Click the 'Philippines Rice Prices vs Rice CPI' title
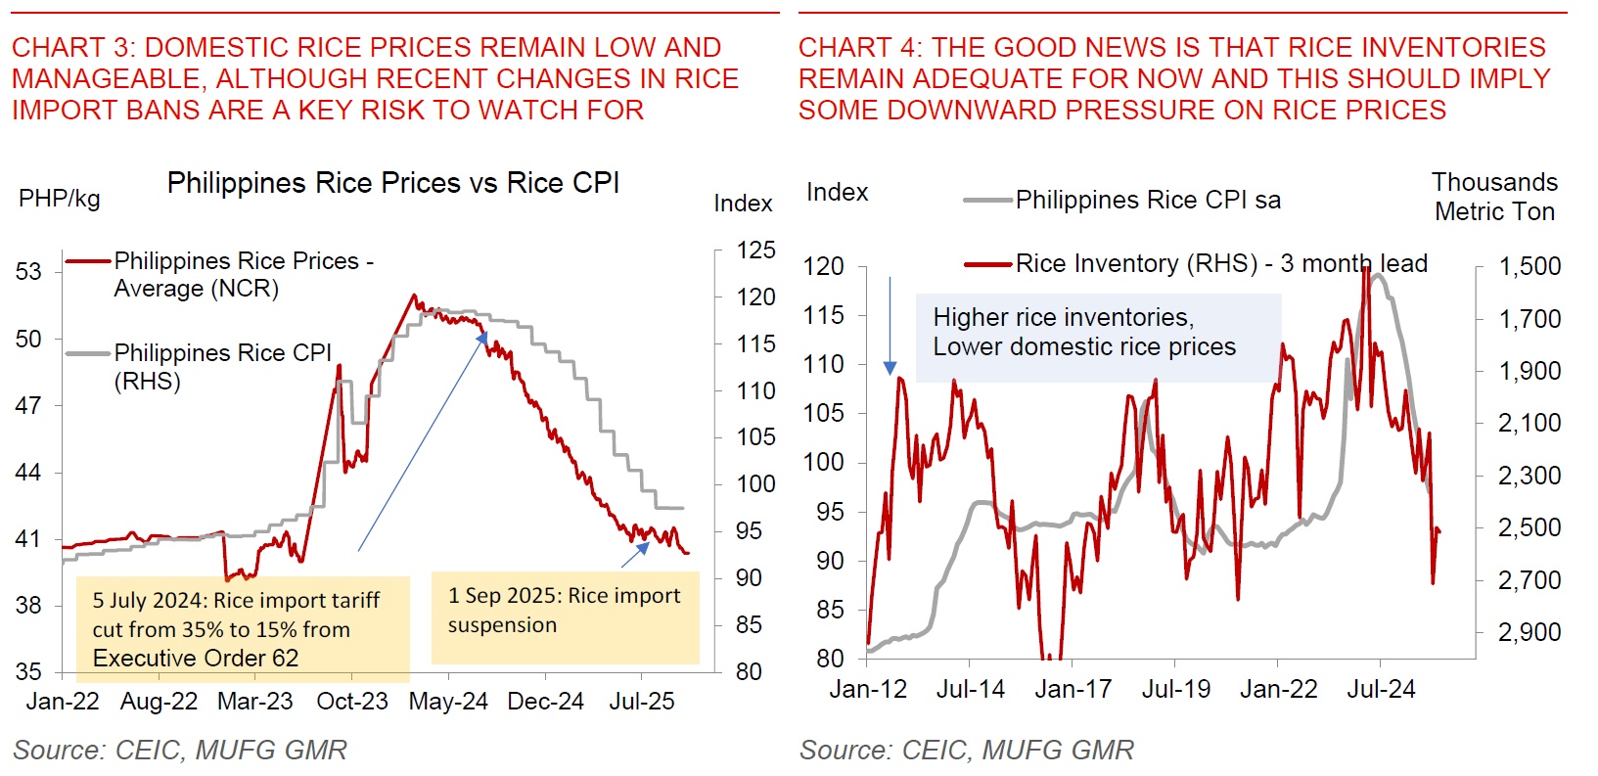pyautogui.click(x=392, y=183)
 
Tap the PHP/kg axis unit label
pyautogui.click(x=59, y=199)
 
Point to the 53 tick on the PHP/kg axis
pyautogui.click(x=28, y=271)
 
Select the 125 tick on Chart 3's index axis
pyautogui.click(x=755, y=251)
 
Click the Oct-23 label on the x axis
pyautogui.click(x=352, y=702)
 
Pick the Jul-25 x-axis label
pyautogui.click(x=642, y=702)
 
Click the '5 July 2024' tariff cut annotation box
pyautogui.click(x=243, y=629)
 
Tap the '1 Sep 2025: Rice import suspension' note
pyautogui.click(x=565, y=611)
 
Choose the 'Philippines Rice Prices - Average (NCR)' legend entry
pyautogui.click(x=243, y=275)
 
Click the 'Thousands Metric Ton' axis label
pyautogui.click(x=1494, y=197)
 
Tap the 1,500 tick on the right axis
pyautogui.click(x=1530, y=266)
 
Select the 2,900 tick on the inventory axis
pyautogui.click(x=1530, y=632)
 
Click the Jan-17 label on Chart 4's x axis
pyautogui.click(x=1073, y=690)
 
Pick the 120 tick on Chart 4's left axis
pyautogui.click(x=823, y=266)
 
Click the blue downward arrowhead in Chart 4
pyautogui.click(x=890, y=368)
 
